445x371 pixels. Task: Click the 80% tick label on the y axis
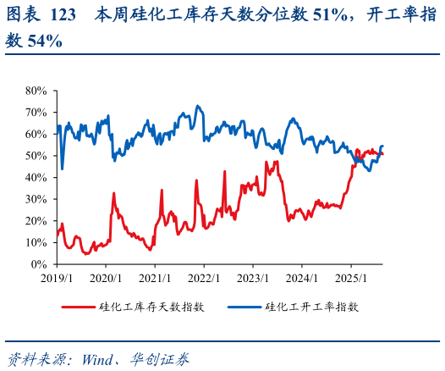pos(36,90)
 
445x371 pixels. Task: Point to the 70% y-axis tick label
pos(36,112)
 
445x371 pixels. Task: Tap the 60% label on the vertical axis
pos(36,134)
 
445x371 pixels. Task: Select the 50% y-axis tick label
pos(36,156)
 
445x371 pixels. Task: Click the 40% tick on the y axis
pos(36,177)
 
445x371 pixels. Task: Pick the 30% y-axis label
pos(36,199)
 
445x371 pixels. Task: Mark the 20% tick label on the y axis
pos(36,221)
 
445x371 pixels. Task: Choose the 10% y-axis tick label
pos(36,242)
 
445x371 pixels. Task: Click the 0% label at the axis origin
pos(39,264)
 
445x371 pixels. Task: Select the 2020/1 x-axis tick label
pos(106,277)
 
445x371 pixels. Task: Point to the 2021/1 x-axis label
pos(155,277)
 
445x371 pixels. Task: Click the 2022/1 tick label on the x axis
pos(205,277)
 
